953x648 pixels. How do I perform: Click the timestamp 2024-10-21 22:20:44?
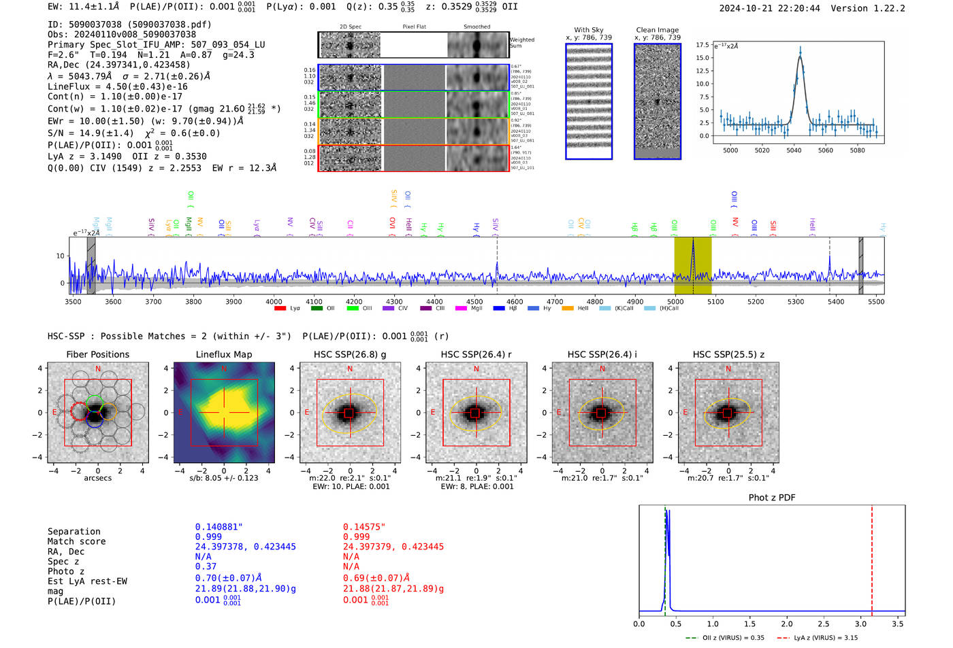coord(769,8)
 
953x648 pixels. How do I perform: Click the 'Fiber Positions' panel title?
coord(97,354)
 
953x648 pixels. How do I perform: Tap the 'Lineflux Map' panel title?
coord(224,354)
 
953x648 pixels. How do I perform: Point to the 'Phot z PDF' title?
coord(772,498)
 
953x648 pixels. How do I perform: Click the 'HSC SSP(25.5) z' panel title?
coord(728,354)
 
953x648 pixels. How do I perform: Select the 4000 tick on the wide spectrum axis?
coord(274,302)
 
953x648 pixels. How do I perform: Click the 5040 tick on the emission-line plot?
coord(794,150)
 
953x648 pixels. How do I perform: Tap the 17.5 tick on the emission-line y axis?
coord(702,45)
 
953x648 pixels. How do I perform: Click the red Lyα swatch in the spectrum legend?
coord(280,309)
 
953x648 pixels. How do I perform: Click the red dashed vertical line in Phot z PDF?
coord(872,558)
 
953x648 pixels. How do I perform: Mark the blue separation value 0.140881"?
coord(219,527)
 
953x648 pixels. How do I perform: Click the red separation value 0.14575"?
coord(364,527)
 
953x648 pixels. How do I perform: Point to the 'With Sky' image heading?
coord(589,30)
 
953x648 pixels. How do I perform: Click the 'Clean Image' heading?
coord(657,30)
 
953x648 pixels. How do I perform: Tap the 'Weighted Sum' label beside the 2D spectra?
coord(522,43)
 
